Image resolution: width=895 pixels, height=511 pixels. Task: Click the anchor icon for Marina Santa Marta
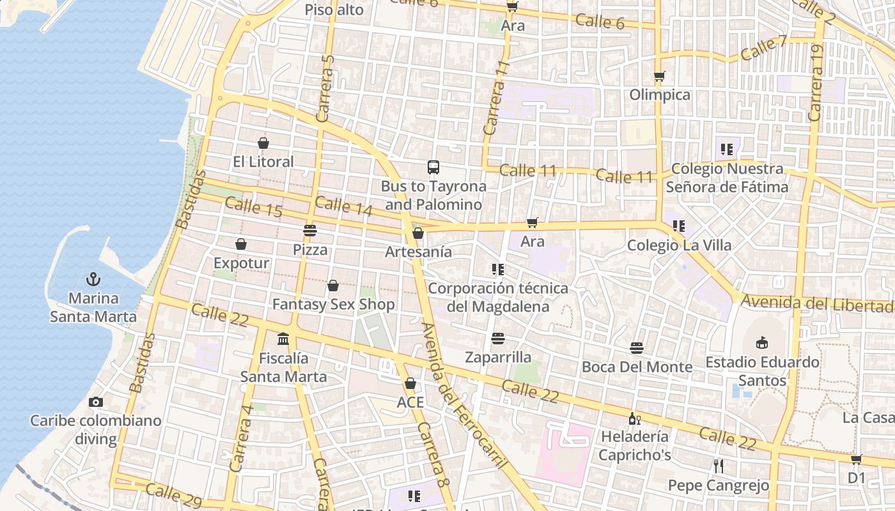coord(93,280)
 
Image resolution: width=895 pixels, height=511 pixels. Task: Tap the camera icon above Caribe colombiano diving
coord(96,402)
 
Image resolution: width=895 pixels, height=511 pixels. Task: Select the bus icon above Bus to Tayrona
coord(433,167)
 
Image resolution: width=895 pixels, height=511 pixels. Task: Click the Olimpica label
coord(660,95)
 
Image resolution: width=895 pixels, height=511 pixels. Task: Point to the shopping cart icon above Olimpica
coord(660,77)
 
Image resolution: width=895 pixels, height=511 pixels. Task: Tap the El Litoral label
coord(263,162)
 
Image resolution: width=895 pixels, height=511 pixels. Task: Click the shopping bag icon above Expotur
coord(241,244)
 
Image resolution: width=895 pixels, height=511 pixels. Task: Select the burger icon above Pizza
coord(310,231)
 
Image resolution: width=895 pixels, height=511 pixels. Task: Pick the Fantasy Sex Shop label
coord(333,305)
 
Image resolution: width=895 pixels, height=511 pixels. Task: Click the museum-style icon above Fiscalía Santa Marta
coord(283,339)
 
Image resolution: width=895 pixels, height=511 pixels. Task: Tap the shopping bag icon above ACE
coord(410,383)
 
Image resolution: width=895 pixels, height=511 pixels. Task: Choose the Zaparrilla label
coord(498,357)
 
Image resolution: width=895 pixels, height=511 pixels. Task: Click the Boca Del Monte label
coord(637,367)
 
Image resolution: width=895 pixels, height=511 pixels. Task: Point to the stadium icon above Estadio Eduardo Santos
coord(762,343)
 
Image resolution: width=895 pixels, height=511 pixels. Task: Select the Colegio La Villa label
coord(679,245)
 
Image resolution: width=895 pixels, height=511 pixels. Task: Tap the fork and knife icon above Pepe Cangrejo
coord(719,466)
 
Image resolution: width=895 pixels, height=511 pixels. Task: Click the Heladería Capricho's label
coord(635,446)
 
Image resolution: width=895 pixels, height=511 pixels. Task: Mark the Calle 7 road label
coord(764,48)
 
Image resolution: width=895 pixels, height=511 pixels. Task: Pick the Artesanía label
coord(418,252)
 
